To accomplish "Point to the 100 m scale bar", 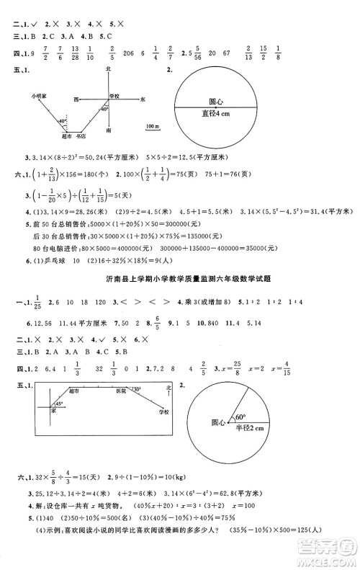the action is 152,127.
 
